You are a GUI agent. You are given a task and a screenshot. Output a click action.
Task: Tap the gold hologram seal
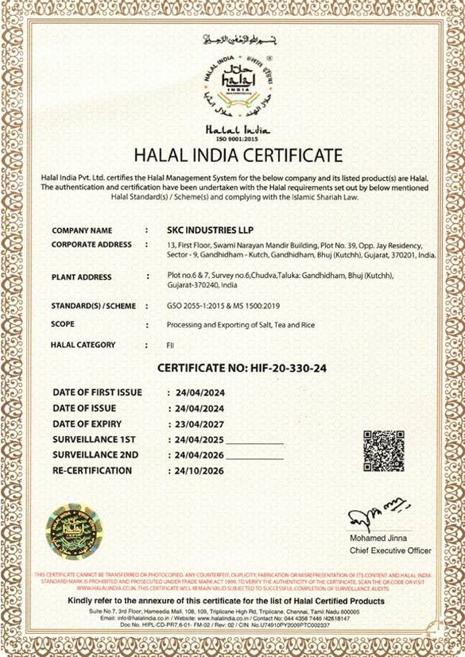click(x=72, y=531)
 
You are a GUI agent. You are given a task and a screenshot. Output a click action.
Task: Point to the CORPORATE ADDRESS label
click(x=91, y=245)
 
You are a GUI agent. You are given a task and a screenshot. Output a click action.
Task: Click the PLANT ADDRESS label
click(x=81, y=278)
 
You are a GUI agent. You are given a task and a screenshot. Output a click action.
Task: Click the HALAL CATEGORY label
click(x=83, y=345)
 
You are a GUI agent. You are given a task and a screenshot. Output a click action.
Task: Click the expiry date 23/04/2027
click(x=200, y=423)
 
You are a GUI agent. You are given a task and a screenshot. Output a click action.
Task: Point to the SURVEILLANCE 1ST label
click(x=95, y=439)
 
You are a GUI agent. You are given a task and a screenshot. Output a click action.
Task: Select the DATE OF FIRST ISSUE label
click(x=97, y=392)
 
